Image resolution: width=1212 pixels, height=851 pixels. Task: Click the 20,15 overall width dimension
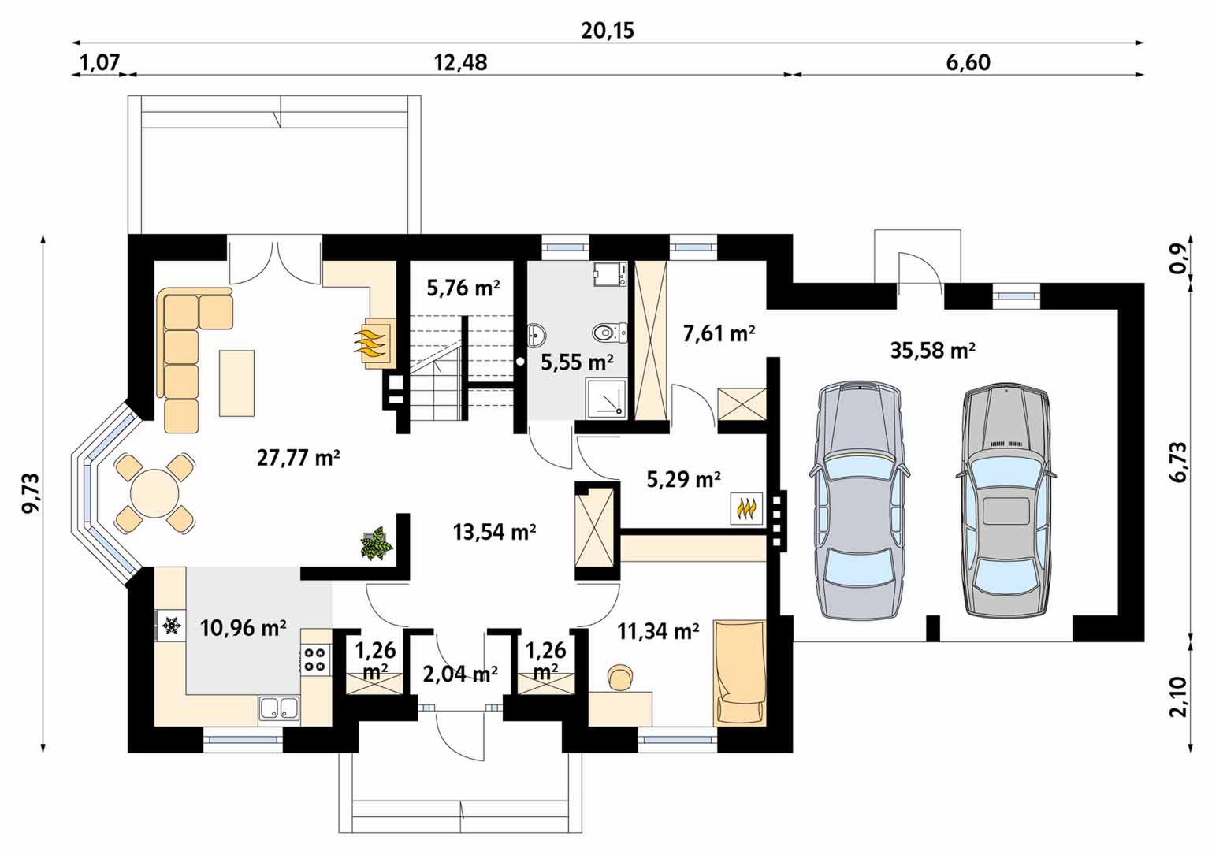[608, 31]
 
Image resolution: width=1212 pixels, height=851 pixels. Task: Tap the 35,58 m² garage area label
[933, 351]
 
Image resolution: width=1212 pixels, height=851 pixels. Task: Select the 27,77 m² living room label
[298, 459]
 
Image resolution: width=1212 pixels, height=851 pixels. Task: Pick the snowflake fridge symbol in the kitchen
[172, 626]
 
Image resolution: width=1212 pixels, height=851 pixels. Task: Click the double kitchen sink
[279, 708]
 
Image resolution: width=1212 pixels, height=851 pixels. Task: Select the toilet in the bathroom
[610, 333]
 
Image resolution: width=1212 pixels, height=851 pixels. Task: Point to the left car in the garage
[860, 500]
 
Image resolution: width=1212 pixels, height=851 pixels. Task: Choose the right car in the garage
[1006, 500]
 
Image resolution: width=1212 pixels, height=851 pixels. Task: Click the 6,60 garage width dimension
[968, 63]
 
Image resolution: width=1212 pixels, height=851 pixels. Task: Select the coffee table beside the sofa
[236, 383]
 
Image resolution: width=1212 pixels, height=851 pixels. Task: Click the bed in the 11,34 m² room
[739, 673]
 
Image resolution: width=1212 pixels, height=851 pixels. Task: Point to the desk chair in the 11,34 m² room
[619, 678]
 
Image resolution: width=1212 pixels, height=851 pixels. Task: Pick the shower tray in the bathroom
[606, 399]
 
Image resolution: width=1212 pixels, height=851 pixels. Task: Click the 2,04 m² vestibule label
[460, 674]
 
